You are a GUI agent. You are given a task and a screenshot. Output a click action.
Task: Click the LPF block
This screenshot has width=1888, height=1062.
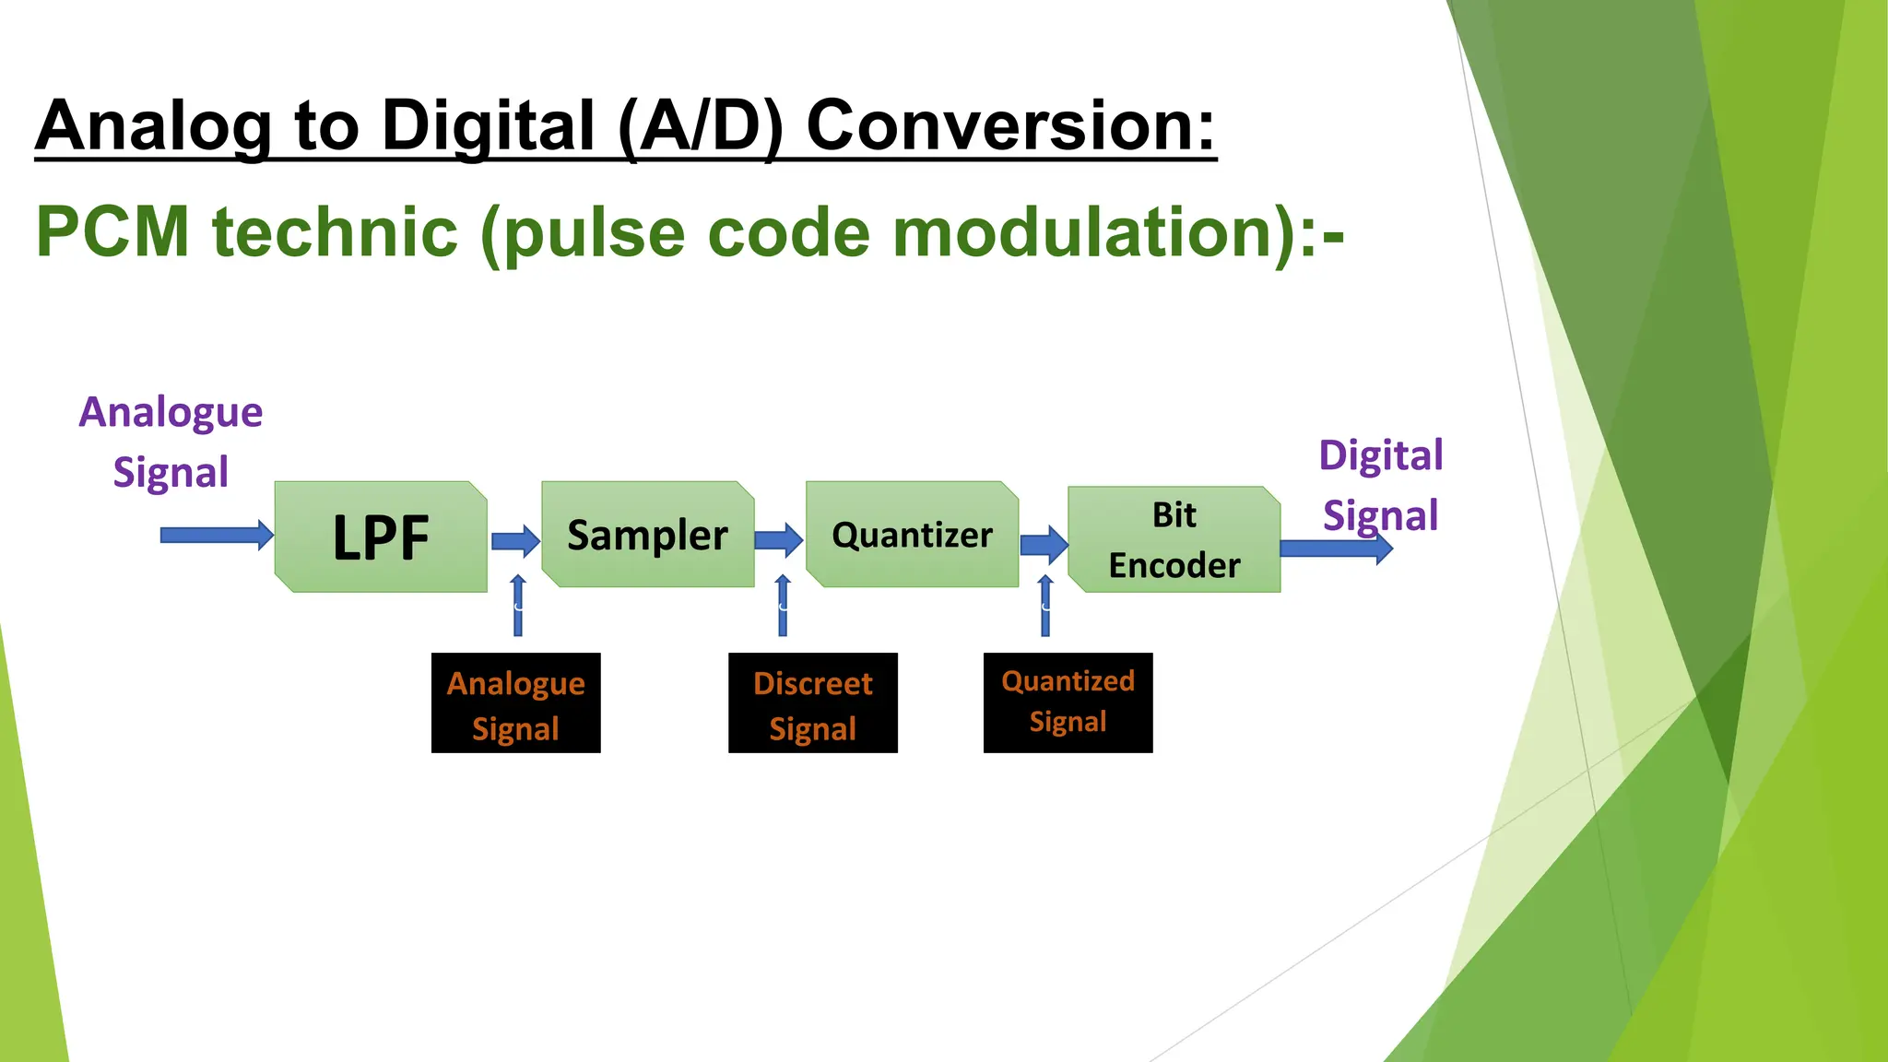click(x=381, y=537)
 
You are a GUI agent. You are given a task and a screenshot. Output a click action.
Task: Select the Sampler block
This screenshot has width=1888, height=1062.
click(x=647, y=535)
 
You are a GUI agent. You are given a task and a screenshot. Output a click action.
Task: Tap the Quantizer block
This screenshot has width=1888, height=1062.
click(x=912, y=535)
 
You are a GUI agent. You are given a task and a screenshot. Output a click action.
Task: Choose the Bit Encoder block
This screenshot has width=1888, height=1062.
click(x=1174, y=540)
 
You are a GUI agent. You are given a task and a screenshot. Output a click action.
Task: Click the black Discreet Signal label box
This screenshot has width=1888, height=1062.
click(x=812, y=703)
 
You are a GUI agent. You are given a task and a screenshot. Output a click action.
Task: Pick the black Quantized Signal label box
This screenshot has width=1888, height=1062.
click(x=1068, y=702)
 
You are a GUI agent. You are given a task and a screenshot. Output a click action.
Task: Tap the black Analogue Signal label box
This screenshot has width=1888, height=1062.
click(x=515, y=703)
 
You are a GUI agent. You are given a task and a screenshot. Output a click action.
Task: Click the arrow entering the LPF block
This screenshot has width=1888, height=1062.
click(x=216, y=535)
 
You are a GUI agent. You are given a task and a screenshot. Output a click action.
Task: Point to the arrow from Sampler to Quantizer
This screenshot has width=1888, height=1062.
click(x=779, y=539)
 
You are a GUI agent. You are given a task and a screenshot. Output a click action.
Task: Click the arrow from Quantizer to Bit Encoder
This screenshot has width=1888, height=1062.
click(x=1044, y=544)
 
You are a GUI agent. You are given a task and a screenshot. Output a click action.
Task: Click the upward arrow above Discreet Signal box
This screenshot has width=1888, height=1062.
click(x=783, y=606)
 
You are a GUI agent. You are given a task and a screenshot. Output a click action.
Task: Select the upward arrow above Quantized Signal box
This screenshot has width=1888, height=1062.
click(x=1044, y=606)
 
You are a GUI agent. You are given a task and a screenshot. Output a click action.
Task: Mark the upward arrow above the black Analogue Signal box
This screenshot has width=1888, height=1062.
click(x=518, y=606)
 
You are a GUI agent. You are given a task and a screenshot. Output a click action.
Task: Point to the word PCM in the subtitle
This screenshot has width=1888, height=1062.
click(x=112, y=231)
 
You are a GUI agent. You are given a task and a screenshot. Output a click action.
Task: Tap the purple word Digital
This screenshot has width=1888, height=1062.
click(x=1380, y=456)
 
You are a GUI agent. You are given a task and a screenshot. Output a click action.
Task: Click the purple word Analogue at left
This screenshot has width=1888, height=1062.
click(x=171, y=412)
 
